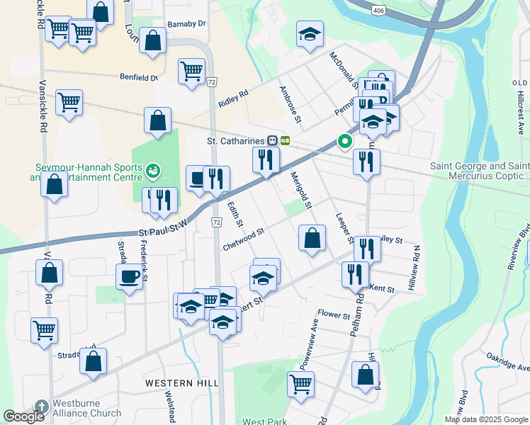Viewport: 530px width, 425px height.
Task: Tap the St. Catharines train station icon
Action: click(272, 140)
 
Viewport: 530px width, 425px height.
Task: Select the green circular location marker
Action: click(345, 142)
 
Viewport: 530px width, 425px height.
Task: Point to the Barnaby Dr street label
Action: click(186, 23)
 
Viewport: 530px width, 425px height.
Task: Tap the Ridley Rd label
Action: click(233, 98)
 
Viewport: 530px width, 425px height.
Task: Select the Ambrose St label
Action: click(291, 104)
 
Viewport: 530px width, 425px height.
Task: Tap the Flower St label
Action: click(334, 314)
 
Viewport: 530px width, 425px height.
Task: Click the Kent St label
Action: click(381, 288)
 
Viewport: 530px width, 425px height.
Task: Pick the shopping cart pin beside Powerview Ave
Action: click(301, 384)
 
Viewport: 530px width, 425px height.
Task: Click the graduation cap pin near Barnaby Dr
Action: click(310, 35)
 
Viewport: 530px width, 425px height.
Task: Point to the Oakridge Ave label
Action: click(507, 362)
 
